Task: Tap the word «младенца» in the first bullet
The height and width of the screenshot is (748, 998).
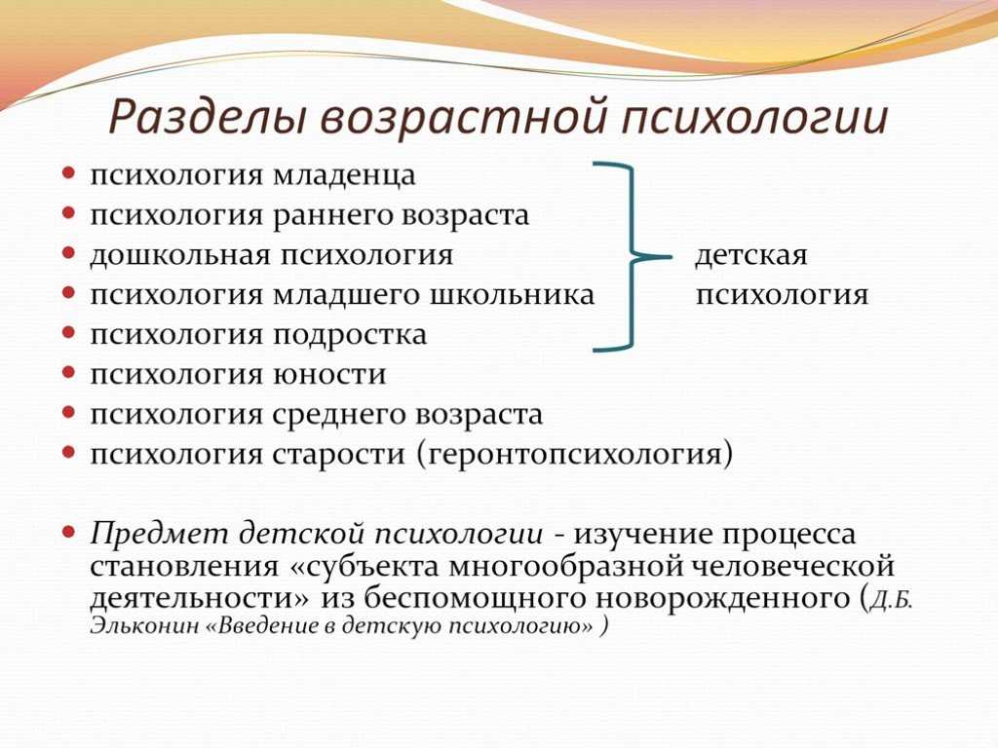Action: click(x=344, y=175)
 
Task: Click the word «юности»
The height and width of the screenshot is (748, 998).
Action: click(x=329, y=374)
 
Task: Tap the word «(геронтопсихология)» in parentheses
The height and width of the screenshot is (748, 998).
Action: click(x=575, y=455)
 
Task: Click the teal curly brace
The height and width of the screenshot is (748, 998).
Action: click(x=633, y=257)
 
